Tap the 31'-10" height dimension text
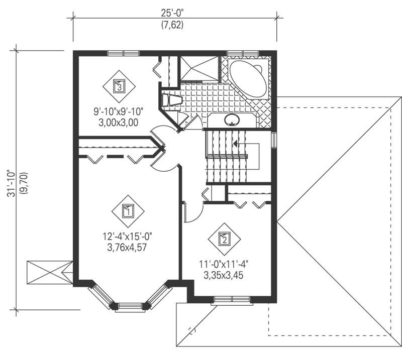[11, 180]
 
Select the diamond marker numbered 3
[119, 86]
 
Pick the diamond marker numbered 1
[128, 211]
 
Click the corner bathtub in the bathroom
[249, 80]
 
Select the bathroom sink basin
[232, 120]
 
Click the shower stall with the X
[199, 68]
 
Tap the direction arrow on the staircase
[236, 144]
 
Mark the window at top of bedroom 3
[123, 53]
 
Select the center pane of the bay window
[130, 306]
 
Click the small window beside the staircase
[274, 140]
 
